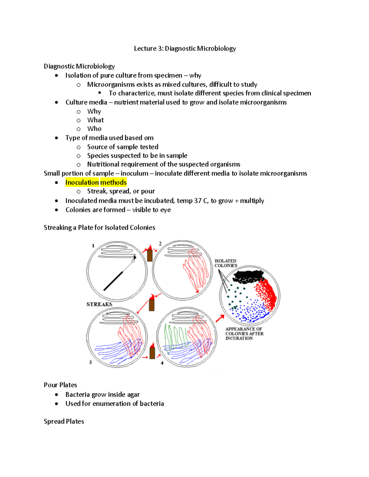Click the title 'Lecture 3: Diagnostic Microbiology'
pyautogui.click(x=185, y=49)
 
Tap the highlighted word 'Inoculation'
pyautogui.click(x=82, y=182)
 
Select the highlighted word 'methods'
pyautogui.click(x=113, y=182)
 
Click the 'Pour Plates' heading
pyautogui.click(x=60, y=385)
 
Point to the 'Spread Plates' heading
pyautogui.click(x=64, y=421)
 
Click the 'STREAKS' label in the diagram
pyautogui.click(x=99, y=304)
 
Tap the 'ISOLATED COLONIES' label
pyautogui.click(x=226, y=263)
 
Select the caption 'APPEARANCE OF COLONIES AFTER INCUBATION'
pyautogui.click(x=244, y=334)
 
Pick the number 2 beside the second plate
pyautogui.click(x=160, y=244)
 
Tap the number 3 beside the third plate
pyautogui.click(x=90, y=362)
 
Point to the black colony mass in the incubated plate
pyautogui.click(x=248, y=276)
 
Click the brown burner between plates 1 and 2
pyautogui.click(x=150, y=255)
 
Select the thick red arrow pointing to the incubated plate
pyautogui.click(x=220, y=319)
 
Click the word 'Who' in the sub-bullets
pyautogui.click(x=94, y=129)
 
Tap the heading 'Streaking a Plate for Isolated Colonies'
pyautogui.click(x=99, y=228)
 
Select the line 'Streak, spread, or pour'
pyautogui.click(x=121, y=191)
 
